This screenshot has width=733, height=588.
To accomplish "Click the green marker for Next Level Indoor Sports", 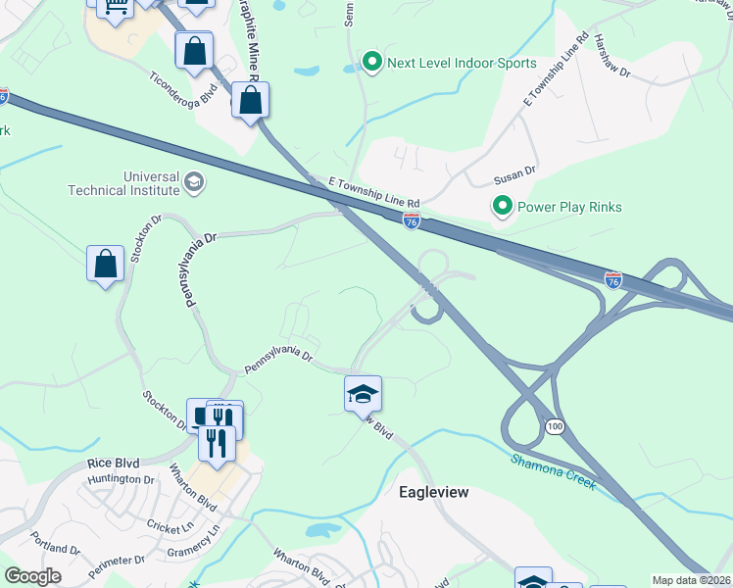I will point(371,63).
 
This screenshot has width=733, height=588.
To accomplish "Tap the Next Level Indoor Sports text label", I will point(462,63).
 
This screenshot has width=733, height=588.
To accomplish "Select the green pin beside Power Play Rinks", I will point(502,207).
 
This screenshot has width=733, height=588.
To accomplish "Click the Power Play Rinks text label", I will point(569,207).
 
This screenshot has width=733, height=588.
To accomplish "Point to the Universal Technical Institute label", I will point(123,183).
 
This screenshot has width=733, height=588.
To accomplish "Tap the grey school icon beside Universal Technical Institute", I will point(194,180).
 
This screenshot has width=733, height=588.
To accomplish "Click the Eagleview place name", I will point(434,492).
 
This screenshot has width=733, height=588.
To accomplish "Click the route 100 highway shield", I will point(556,427).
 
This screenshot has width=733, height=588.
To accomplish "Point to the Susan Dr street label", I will point(515,176).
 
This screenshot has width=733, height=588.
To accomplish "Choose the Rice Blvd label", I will point(113,463).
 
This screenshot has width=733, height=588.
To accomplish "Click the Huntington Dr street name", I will point(122,480).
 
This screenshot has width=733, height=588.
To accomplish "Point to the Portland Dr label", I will point(55,548).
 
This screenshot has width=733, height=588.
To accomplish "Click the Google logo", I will point(32,576).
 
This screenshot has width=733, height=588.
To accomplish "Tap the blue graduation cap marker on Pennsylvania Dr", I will point(363,394).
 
